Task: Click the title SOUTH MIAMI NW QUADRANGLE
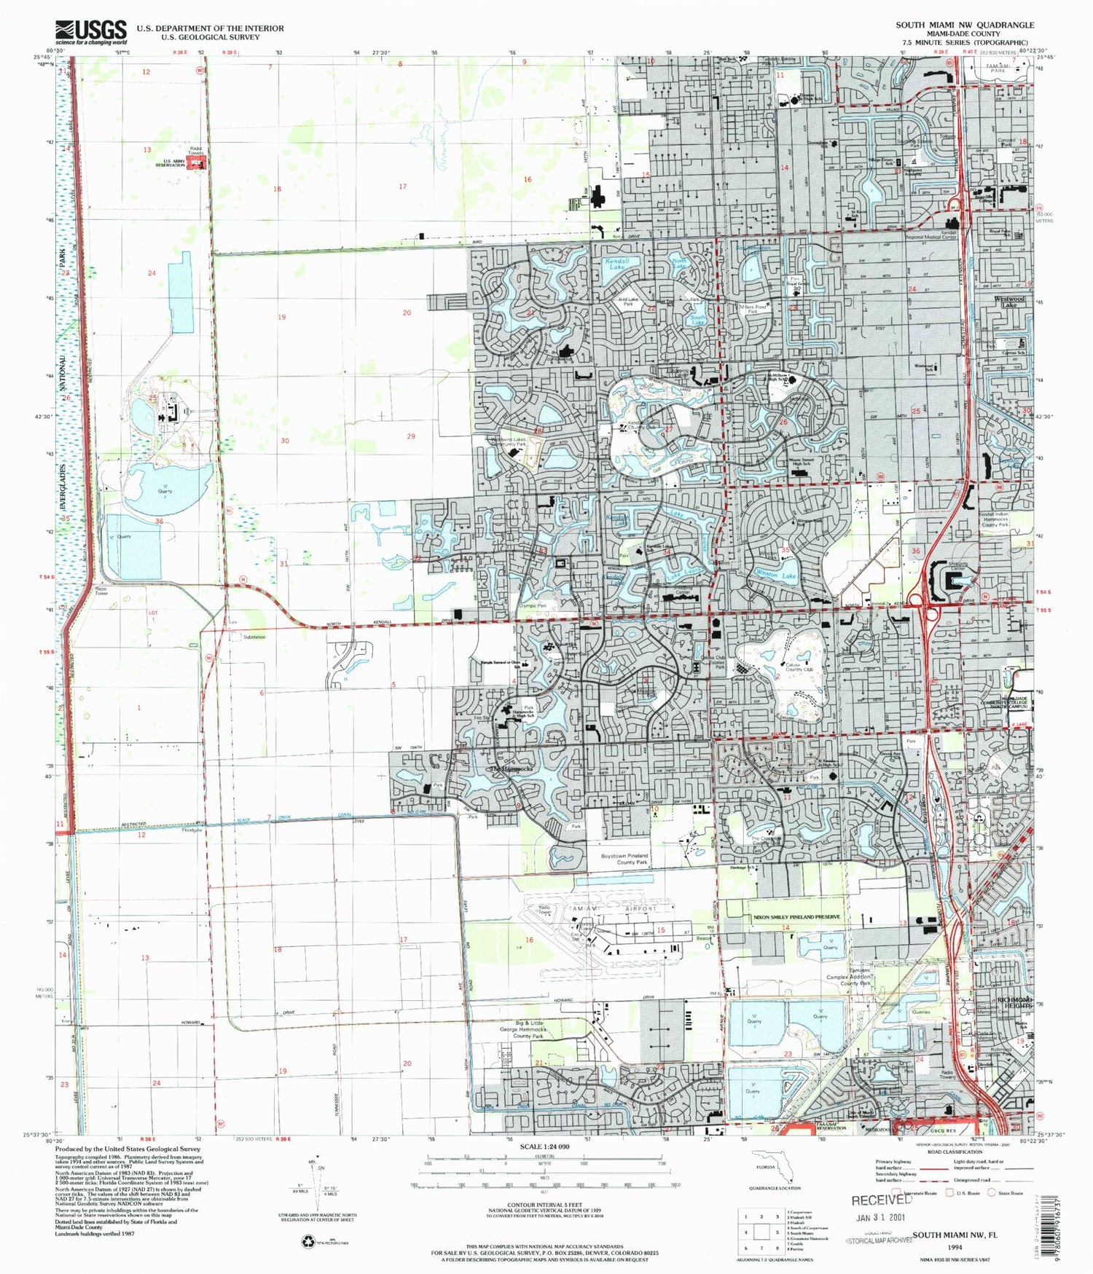[965, 25]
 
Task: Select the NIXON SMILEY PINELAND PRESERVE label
[796, 917]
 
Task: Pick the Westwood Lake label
[1009, 302]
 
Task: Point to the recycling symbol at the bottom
[307, 1242]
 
